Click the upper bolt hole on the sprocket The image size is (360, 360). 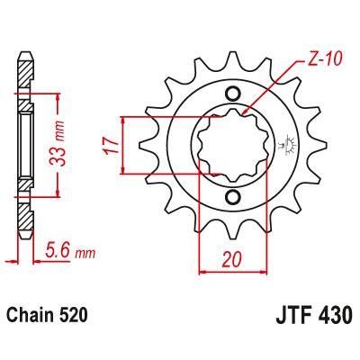tap(233, 93)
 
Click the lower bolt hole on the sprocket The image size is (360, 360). tap(233, 197)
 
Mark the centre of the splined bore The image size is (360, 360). tap(233, 144)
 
